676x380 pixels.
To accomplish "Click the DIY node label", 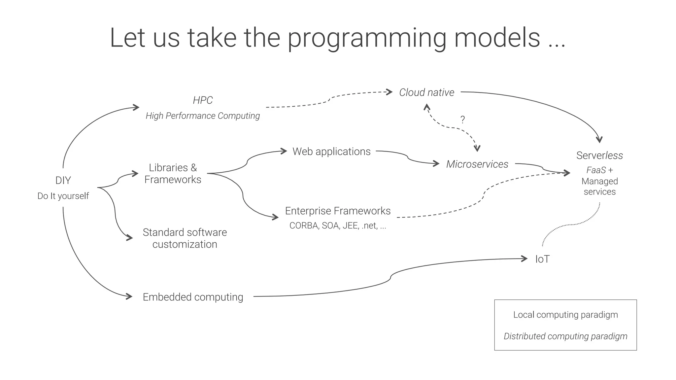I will pos(63,181).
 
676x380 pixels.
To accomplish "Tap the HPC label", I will pos(203,100).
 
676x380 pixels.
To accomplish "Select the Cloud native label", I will pos(426,92).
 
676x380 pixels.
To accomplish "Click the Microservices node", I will pos(477,164).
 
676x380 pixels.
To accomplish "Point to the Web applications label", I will pos(331,152).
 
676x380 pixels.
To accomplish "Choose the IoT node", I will pos(542,259).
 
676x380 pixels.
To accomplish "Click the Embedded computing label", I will pos(193,297).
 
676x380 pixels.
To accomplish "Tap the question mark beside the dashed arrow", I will pos(462,120).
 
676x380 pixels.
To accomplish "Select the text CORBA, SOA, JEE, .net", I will pos(337,225).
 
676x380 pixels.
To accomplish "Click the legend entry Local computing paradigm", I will pos(565,315).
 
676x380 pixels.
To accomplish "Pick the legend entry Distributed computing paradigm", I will pos(565,336).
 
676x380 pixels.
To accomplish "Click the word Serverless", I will pos(599,155).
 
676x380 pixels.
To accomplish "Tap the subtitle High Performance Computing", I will pos(203,116).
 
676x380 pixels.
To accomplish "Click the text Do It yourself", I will pos(63,196).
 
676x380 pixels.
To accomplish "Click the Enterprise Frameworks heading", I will pos(338,211).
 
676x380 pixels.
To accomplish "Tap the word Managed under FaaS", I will pos(599,181).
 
